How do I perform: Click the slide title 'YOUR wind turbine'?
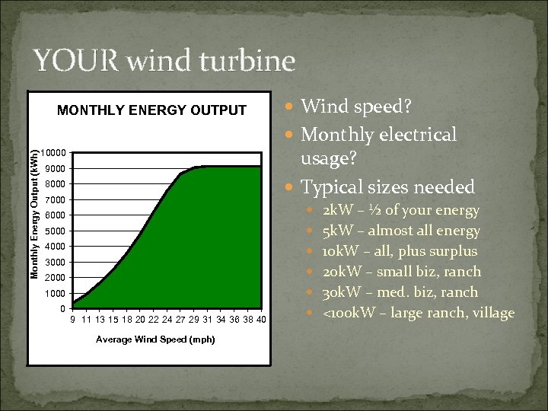click(164, 61)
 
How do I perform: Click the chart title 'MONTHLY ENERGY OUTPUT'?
click(152, 111)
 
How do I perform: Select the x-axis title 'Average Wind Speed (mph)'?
click(155, 339)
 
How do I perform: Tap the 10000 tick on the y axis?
click(53, 153)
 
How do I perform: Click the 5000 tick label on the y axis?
click(55, 231)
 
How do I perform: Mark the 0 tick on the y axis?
click(62, 309)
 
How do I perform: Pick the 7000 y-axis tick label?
click(55, 200)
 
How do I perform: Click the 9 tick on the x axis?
click(72, 320)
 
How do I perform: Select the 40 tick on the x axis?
click(261, 320)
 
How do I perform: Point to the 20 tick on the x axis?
click(140, 320)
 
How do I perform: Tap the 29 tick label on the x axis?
click(194, 320)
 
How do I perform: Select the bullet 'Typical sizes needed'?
click(387, 186)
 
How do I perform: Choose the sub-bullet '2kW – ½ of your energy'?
click(400, 210)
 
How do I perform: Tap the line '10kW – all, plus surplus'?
click(400, 251)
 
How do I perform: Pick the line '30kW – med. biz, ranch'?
click(400, 292)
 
